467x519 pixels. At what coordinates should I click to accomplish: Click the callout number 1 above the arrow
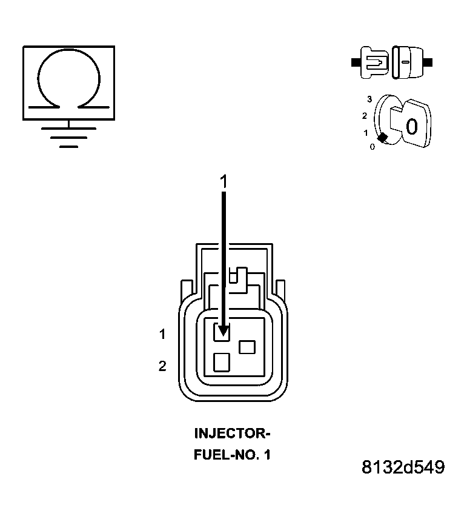tap(224, 181)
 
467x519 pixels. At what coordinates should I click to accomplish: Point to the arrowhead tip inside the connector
tap(224, 334)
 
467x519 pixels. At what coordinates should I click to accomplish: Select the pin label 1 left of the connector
tap(162, 333)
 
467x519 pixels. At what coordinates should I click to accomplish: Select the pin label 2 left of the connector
tap(162, 366)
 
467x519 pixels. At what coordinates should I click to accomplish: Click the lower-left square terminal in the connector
tap(223, 362)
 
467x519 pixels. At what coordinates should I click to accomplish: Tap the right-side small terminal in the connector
tap(248, 347)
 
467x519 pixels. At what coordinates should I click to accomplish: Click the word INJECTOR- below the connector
tap(231, 434)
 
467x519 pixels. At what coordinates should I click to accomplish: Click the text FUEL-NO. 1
tap(231, 454)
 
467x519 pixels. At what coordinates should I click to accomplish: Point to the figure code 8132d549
tap(403, 467)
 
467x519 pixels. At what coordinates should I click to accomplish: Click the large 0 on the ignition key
tap(411, 127)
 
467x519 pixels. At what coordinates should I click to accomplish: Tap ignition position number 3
tap(369, 98)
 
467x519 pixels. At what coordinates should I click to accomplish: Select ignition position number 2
tap(365, 115)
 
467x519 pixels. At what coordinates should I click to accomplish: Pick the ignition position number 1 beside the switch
tap(366, 132)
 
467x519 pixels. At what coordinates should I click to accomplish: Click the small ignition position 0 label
tap(372, 146)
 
